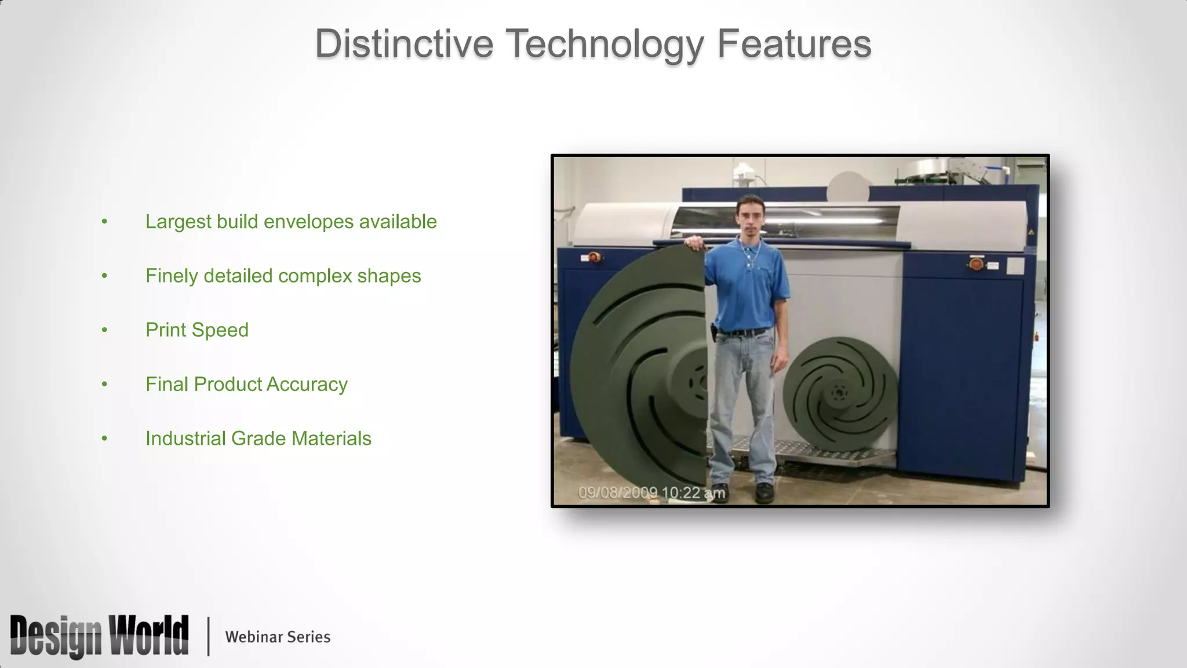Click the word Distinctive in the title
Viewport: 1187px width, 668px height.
[404, 44]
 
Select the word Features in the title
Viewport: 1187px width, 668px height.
[794, 44]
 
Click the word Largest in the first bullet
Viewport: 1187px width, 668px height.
[179, 222]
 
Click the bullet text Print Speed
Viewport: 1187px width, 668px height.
[197, 330]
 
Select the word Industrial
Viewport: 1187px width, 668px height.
[185, 438]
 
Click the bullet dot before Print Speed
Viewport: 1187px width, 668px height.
[104, 330]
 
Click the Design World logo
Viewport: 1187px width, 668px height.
[99, 636]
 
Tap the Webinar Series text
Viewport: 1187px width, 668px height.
[278, 637]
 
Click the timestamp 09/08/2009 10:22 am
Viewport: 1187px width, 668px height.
[651, 493]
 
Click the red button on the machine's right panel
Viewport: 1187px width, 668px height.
[976, 265]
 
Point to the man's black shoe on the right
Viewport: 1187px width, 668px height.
[764, 492]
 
